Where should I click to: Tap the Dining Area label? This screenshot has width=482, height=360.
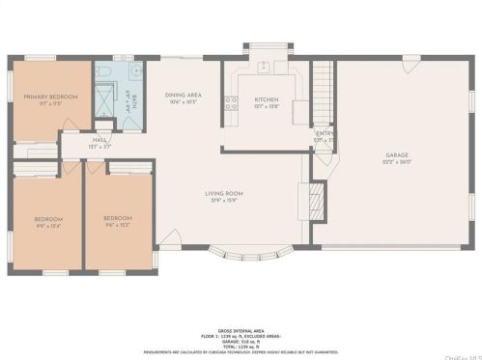click(x=184, y=97)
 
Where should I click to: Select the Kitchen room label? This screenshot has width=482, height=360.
click(x=267, y=100)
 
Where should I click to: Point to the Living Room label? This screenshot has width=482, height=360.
click(x=223, y=195)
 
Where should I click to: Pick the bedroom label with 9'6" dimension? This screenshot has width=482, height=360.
click(x=117, y=221)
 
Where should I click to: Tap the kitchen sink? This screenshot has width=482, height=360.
click(x=263, y=68)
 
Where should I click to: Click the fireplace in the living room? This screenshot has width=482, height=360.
click(x=312, y=202)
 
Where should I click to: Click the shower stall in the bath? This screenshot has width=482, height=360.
click(x=105, y=97)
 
